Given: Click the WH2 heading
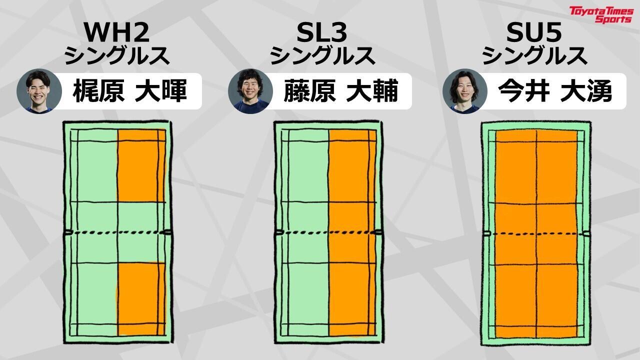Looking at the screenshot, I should point(117,33).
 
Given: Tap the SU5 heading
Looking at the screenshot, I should point(534,33).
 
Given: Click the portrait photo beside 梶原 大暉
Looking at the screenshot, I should point(38,91).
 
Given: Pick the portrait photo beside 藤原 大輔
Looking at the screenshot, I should point(250,91).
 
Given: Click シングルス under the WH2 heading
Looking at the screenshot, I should point(117,55).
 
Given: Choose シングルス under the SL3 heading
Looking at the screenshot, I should point(323,55).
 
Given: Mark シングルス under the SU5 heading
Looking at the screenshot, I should point(534,55).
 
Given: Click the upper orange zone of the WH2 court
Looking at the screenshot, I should point(141,165).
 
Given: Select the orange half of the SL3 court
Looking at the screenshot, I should point(352,232).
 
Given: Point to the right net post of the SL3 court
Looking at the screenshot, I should point(379,232).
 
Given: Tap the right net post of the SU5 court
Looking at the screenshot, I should point(586,233).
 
